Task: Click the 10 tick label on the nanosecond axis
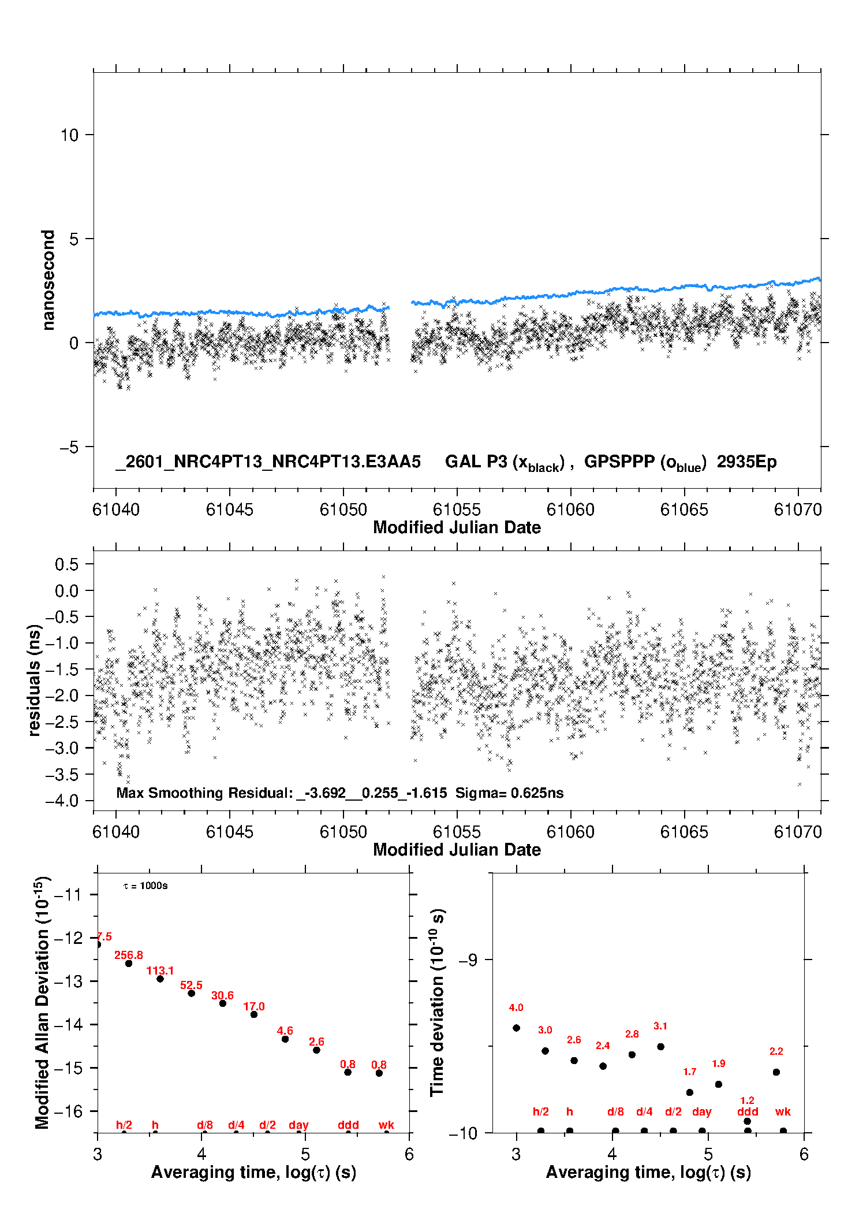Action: click(69, 135)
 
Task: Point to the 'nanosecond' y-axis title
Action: click(48, 280)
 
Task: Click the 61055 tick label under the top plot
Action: click(457, 510)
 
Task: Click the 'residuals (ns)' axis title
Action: click(35, 680)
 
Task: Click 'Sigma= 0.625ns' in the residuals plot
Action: click(509, 793)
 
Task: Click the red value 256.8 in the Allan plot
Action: click(128, 955)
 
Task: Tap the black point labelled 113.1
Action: click(160, 979)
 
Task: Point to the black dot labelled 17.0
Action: click(254, 1014)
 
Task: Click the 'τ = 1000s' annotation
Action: click(145, 886)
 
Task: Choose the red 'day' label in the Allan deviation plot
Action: click(298, 1125)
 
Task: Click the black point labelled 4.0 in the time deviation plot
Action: click(516, 1028)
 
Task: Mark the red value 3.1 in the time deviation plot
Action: click(660, 1026)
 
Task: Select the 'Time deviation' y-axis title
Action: click(437, 1002)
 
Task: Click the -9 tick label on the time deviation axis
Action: click(468, 960)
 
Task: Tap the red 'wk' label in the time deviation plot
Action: click(783, 1111)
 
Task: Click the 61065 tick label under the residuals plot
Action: click(684, 832)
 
